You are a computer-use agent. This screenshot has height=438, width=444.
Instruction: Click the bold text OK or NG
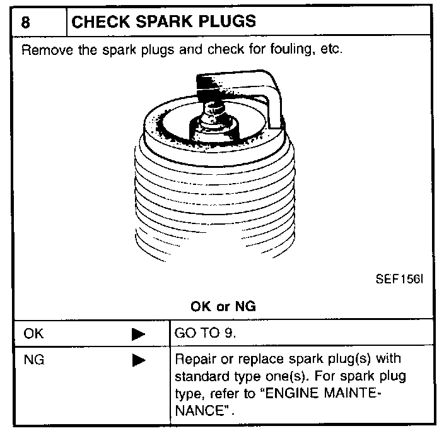pos(223,307)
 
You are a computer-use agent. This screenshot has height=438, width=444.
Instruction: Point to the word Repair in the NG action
pos(194,360)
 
